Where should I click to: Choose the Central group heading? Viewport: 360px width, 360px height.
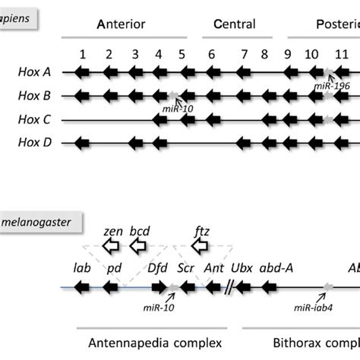point(235,24)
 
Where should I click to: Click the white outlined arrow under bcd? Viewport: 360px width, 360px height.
point(139,245)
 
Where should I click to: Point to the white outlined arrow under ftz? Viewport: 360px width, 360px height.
point(200,245)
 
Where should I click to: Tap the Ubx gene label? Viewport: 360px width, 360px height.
point(241,269)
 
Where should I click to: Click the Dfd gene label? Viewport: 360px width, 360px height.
point(158,269)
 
